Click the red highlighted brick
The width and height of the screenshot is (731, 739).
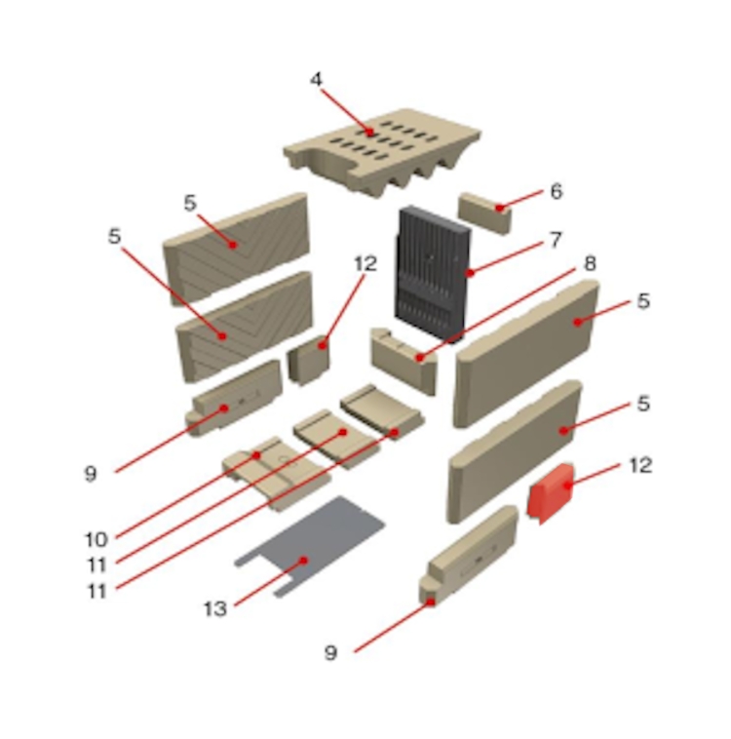pyautogui.click(x=551, y=493)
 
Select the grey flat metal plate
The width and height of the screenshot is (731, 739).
pyautogui.click(x=311, y=546)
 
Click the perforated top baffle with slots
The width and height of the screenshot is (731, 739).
pyautogui.click(x=382, y=151)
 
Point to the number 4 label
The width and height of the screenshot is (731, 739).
pyautogui.click(x=316, y=79)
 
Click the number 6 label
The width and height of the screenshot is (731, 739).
pyautogui.click(x=557, y=191)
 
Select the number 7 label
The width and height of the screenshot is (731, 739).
pyautogui.click(x=557, y=240)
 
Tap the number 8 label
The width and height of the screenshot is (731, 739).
pyautogui.click(x=590, y=263)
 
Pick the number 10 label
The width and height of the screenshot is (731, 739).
pyautogui.click(x=96, y=540)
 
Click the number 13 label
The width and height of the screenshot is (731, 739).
pyautogui.click(x=215, y=609)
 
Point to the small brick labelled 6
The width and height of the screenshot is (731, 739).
pyautogui.click(x=484, y=214)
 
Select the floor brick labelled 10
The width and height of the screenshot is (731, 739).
pyautogui.click(x=277, y=474)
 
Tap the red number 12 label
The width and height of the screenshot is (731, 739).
pyautogui.click(x=640, y=466)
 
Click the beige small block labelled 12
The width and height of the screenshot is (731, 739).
pyautogui.click(x=309, y=359)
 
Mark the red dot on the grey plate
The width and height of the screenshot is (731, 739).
pyautogui.click(x=304, y=560)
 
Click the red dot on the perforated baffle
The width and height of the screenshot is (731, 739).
pyautogui.click(x=370, y=133)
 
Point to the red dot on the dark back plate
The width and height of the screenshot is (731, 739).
pyautogui.click(x=470, y=273)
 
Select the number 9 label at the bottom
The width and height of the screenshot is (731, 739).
pyautogui.click(x=330, y=653)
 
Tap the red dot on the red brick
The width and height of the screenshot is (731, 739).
pyautogui.click(x=568, y=486)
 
